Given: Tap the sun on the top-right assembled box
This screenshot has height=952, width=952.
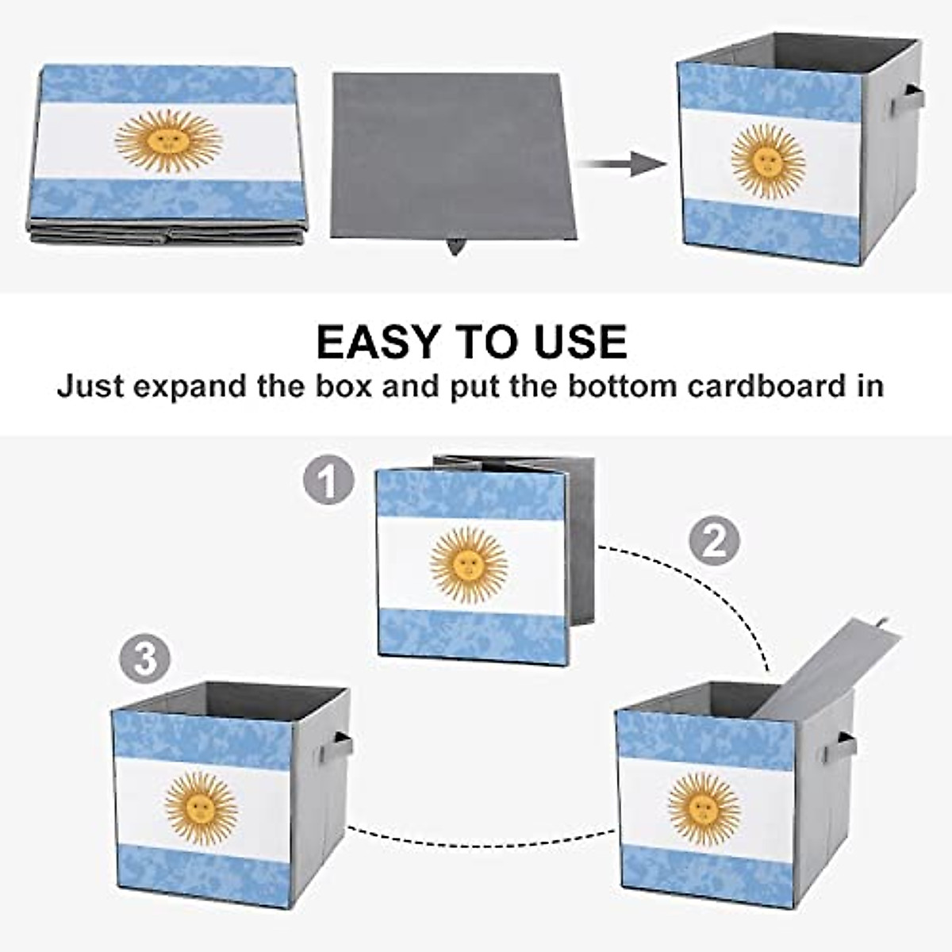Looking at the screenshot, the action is click(767, 161).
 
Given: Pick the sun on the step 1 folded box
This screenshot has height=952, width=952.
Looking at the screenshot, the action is click(469, 564).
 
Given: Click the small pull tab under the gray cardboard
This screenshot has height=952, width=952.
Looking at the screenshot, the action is click(455, 247).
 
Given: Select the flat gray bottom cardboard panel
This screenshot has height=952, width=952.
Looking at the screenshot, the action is click(452, 155).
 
